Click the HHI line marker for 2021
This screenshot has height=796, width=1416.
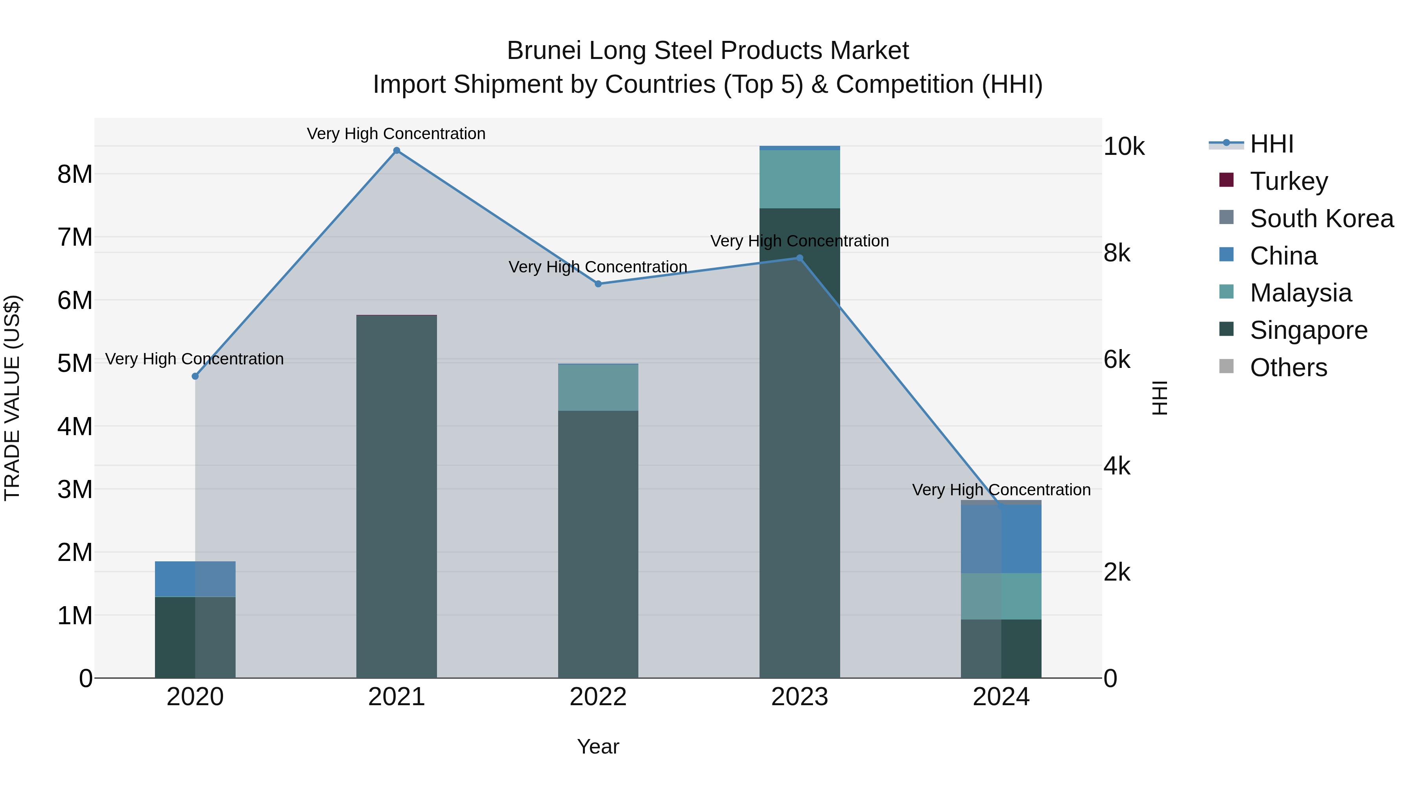click(x=396, y=151)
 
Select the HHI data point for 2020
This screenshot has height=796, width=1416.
click(x=195, y=376)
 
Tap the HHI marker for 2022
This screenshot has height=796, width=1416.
click(x=598, y=284)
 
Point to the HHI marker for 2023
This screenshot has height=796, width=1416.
click(x=799, y=258)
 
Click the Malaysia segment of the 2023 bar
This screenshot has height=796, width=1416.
click(x=799, y=179)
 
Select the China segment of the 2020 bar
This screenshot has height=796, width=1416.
click(x=195, y=579)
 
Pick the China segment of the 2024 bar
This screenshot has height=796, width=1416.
click(x=1001, y=539)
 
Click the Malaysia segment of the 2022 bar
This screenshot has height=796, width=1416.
click(x=598, y=387)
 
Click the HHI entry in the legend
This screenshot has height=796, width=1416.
click(x=1271, y=144)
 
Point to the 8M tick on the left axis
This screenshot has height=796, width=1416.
click(x=75, y=174)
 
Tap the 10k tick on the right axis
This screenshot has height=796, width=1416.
click(x=1124, y=147)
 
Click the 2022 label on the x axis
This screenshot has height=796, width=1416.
click(x=598, y=697)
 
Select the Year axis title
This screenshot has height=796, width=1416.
click(x=598, y=746)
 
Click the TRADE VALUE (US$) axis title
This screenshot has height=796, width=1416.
click(x=12, y=398)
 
